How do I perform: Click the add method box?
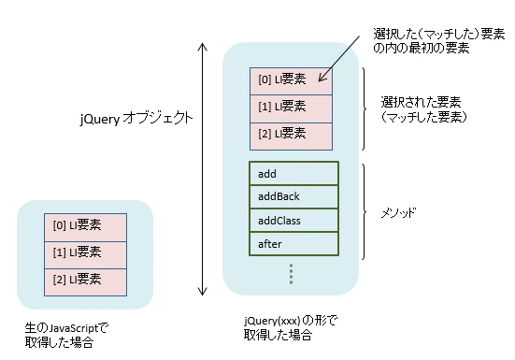tap(293, 174)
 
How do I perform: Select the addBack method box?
tap(293, 197)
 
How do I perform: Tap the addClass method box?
tap(293, 221)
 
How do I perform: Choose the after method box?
tap(293, 244)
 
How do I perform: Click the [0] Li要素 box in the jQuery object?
tap(290, 80)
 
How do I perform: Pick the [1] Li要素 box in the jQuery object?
tap(290, 107)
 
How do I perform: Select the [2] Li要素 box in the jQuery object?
tap(290, 134)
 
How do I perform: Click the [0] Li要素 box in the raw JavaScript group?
tap(85, 225)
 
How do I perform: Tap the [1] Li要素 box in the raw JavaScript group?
tap(85, 252)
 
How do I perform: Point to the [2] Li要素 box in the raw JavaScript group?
tap(85, 280)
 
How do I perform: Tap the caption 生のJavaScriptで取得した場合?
tap(66, 335)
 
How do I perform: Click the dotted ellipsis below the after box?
tap(291, 273)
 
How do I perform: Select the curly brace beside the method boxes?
tap(367, 210)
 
